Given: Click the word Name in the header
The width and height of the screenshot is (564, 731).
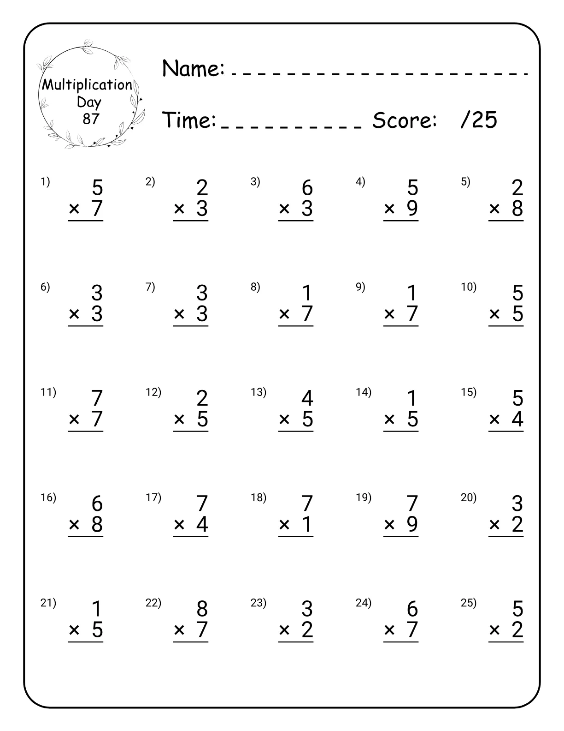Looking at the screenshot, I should point(193,69).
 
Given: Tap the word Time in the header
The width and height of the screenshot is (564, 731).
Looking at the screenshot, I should point(190,120).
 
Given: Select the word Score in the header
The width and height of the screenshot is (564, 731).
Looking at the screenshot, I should point(404,120).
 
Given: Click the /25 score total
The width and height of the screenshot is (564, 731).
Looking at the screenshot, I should point(479,120).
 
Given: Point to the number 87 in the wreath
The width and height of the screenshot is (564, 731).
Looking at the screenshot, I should point(91,119).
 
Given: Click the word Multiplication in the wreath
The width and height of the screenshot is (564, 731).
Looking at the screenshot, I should point(87,85).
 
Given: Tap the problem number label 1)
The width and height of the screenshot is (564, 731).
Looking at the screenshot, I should point(45,182).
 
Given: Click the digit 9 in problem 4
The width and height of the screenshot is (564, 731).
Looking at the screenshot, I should point(412,209).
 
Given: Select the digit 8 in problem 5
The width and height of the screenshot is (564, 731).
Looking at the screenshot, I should point(517,209).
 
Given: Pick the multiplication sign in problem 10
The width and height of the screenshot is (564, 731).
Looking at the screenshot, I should point(494,314).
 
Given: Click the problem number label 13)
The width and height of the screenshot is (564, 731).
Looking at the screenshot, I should point(258,392).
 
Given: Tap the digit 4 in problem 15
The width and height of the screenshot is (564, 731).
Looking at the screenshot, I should point(517,419).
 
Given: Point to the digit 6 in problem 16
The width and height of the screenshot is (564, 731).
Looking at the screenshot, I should point(97,503).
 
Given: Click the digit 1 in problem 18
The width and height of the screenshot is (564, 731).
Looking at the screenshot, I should point(307,524).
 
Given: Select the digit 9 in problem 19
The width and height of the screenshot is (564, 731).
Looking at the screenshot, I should point(412,524).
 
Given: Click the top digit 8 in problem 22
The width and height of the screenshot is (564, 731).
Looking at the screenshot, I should point(202,609).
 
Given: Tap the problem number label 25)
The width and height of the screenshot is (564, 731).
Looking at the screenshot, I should point(469,603).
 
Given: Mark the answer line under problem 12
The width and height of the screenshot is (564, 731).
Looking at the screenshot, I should point(191,431).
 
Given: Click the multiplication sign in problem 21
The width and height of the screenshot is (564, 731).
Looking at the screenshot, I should point(74,630).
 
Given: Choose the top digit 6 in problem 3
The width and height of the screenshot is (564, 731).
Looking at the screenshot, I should point(307,188).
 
